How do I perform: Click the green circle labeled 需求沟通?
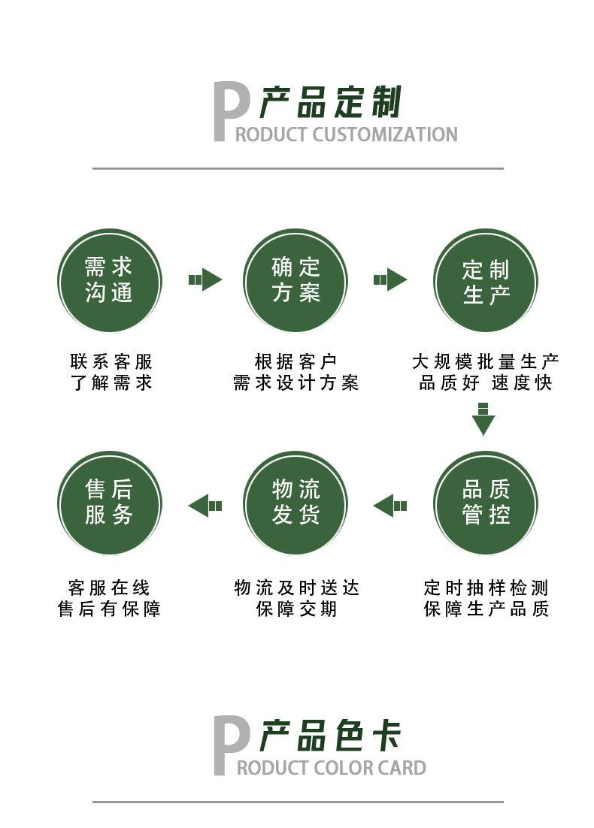pyautogui.click(x=110, y=280)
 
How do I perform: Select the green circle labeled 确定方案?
pyautogui.click(x=295, y=280)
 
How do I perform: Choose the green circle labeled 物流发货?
pyautogui.click(x=295, y=503)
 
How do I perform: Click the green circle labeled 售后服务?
pyautogui.click(x=110, y=503)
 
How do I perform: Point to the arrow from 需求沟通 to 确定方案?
pyautogui.click(x=205, y=280)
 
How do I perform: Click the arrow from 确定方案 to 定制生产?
pyautogui.click(x=389, y=280)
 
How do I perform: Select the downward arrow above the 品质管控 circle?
pyautogui.click(x=483, y=419)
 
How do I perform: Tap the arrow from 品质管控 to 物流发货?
pyautogui.click(x=389, y=506)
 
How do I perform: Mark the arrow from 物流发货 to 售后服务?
pyautogui.click(x=205, y=506)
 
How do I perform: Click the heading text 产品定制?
pyautogui.click(x=331, y=103)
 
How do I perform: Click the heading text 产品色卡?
pyautogui.click(x=331, y=736)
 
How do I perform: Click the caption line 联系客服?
pyautogui.click(x=111, y=362)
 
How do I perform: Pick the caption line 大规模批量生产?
pyautogui.click(x=485, y=362)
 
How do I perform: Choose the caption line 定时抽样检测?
pyautogui.click(x=486, y=588)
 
